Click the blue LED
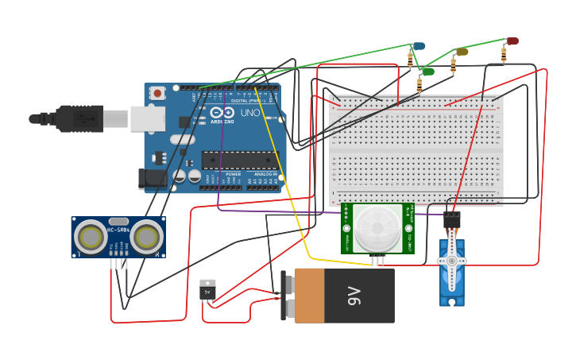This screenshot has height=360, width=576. click(x=419, y=47)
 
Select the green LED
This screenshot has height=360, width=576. click(x=428, y=72)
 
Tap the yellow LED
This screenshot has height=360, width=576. click(x=462, y=52)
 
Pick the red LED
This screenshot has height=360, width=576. click(x=512, y=41)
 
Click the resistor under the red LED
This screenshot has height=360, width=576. click(x=504, y=55)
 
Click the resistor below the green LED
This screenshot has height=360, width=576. click(x=419, y=84)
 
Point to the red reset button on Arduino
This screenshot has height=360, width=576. click(x=157, y=93)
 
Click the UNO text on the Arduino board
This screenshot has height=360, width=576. click(x=249, y=113)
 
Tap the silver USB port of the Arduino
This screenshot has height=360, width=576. click(x=148, y=118)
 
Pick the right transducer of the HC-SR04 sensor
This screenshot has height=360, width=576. click(x=146, y=237)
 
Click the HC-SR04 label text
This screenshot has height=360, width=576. click(x=118, y=230)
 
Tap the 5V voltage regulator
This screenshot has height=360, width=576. click(x=207, y=289)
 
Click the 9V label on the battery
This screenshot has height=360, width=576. click(x=354, y=296)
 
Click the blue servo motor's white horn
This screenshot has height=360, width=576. click(x=451, y=261)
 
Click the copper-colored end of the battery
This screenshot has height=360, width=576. click(x=309, y=296)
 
